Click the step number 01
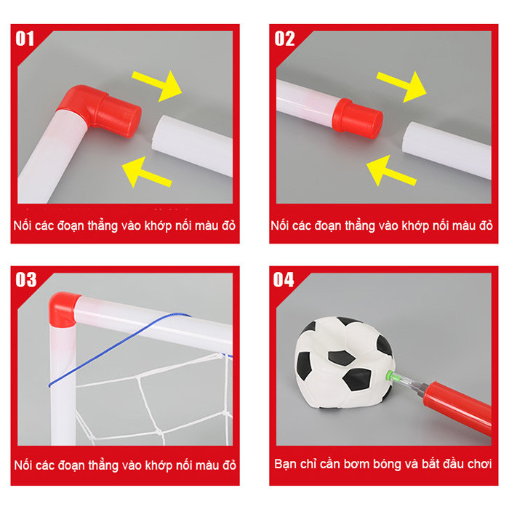pyautogui.click(x=25, y=39)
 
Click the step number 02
pyautogui.click(x=284, y=39)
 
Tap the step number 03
pyautogui.click(x=26, y=279)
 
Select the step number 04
pyautogui.click(x=284, y=279)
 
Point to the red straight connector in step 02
pyautogui.click(x=358, y=118)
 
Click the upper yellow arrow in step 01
pyautogui.click(x=158, y=85)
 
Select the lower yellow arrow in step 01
pyautogui.click(x=146, y=172)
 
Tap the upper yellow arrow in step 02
pyautogui.click(x=402, y=87)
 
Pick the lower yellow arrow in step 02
pyautogui.click(x=391, y=171)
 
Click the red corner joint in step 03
pyautogui.click(x=63, y=308)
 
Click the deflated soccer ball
pyautogui.click(x=344, y=363)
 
